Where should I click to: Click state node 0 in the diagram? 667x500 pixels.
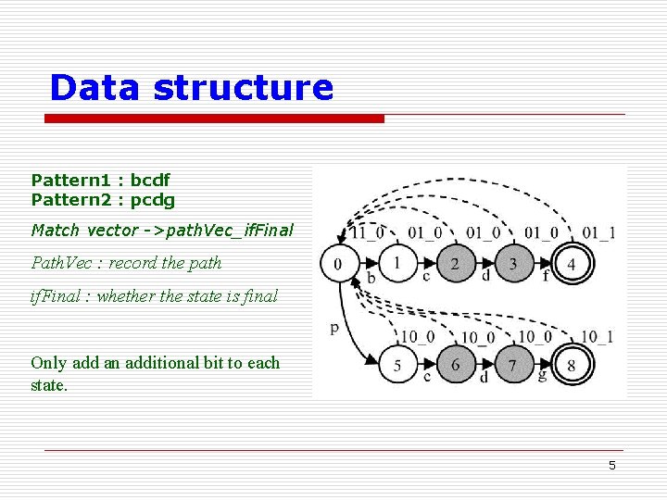[x=337, y=265]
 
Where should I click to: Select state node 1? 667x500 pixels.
[x=396, y=264]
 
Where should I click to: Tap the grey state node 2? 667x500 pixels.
[x=454, y=264]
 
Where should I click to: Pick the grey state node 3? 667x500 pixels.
[x=512, y=264]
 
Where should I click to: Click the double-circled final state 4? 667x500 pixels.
[x=572, y=264]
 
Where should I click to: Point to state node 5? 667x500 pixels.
[x=396, y=365]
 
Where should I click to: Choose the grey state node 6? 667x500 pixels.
[x=454, y=365]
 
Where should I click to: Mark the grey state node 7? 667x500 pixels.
[x=512, y=365]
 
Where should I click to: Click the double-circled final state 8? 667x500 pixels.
[x=572, y=365]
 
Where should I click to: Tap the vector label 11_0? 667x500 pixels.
[x=368, y=231]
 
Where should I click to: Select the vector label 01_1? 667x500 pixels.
[x=598, y=231]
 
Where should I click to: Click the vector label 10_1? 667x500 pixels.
[x=597, y=337]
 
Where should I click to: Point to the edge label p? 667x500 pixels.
[x=334, y=327]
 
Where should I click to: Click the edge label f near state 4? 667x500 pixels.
[x=546, y=275]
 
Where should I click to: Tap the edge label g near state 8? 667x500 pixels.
[x=543, y=375]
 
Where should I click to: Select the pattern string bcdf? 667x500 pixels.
[x=150, y=180]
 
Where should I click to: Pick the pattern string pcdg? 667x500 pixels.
[x=152, y=199]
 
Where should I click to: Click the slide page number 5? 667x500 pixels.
[x=611, y=466]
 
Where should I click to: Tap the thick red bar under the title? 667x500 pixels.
[x=215, y=119]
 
